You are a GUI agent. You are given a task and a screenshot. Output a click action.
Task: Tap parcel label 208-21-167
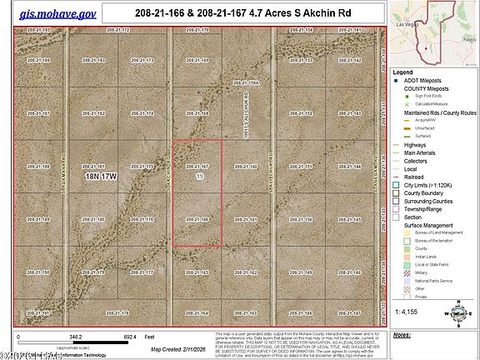(197, 166)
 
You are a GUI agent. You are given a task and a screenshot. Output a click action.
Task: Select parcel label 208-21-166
(197, 219)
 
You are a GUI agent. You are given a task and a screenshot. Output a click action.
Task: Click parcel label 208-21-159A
(247, 82)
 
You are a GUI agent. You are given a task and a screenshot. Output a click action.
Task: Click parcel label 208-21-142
(351, 60)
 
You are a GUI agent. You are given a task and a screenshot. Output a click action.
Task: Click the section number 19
(198, 177)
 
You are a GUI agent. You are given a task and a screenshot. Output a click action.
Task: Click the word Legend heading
(405, 72)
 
